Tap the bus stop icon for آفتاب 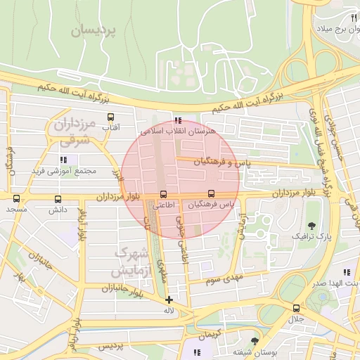point(110,117)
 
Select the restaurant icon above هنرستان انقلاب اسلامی point(178,120)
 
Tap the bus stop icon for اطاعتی point(164,194)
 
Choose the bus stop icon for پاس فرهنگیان point(211,194)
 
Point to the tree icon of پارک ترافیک point(311,225)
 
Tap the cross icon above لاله point(169,300)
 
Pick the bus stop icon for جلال point(296,308)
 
